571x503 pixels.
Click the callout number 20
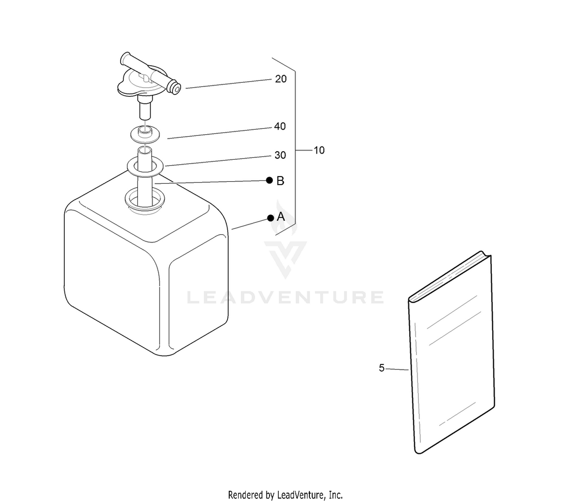(x=281, y=79)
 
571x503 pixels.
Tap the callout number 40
(x=280, y=126)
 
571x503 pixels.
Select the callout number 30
(x=280, y=155)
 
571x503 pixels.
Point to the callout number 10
(x=319, y=150)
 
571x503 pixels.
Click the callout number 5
(x=381, y=368)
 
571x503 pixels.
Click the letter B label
(x=280, y=181)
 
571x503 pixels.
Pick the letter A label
(x=281, y=217)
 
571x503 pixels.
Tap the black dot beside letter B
(x=270, y=180)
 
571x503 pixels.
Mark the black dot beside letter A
(x=271, y=218)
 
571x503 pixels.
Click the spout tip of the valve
(x=176, y=89)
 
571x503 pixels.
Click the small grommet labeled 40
(x=145, y=133)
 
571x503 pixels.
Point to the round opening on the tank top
(x=145, y=200)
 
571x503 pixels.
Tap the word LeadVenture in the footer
(x=300, y=495)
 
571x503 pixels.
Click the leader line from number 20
(x=228, y=84)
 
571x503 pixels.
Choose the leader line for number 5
(x=397, y=369)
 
